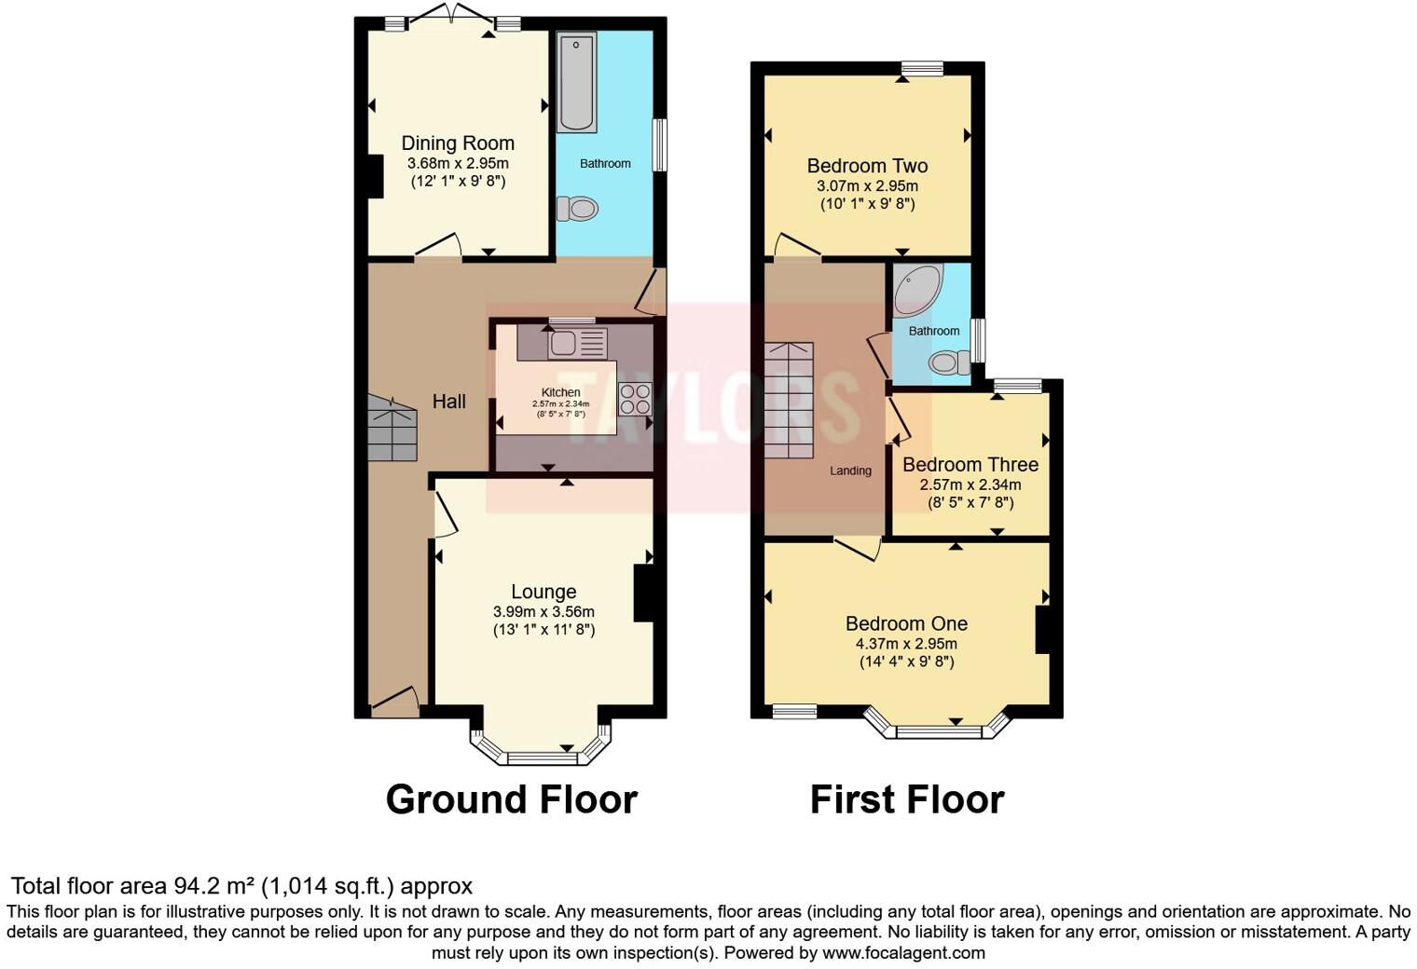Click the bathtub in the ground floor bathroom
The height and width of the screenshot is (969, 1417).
pyautogui.click(x=576, y=82)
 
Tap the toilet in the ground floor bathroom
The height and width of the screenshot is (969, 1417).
pyautogui.click(x=578, y=209)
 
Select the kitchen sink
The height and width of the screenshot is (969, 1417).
pyautogui.click(x=576, y=343)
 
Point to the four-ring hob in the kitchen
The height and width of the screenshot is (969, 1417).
pyautogui.click(x=634, y=399)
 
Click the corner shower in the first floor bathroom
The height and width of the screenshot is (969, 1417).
pyautogui.click(x=916, y=289)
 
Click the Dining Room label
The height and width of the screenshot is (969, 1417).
pyautogui.click(x=458, y=143)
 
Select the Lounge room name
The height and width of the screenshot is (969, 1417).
pyautogui.click(x=543, y=592)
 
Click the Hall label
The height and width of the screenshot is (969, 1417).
pyautogui.click(x=448, y=402)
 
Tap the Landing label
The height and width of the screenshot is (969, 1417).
pyautogui.click(x=850, y=471)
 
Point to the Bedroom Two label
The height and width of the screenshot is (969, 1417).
pyautogui.click(x=867, y=166)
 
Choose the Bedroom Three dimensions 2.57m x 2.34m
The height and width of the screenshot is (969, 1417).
pyautogui.click(x=970, y=484)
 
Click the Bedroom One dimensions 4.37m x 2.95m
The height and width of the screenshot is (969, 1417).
pyautogui.click(x=906, y=644)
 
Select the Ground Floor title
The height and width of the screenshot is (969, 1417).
pyautogui.click(x=511, y=799)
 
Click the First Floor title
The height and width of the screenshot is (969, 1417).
pyautogui.click(x=906, y=799)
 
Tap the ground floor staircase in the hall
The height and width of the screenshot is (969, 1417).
pyautogui.click(x=392, y=429)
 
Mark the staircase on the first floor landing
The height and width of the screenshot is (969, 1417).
pyautogui.click(x=790, y=401)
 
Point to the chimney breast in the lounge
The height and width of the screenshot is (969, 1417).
pyautogui.click(x=644, y=593)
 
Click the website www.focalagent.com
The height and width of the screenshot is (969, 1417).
pyautogui.click(x=903, y=952)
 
